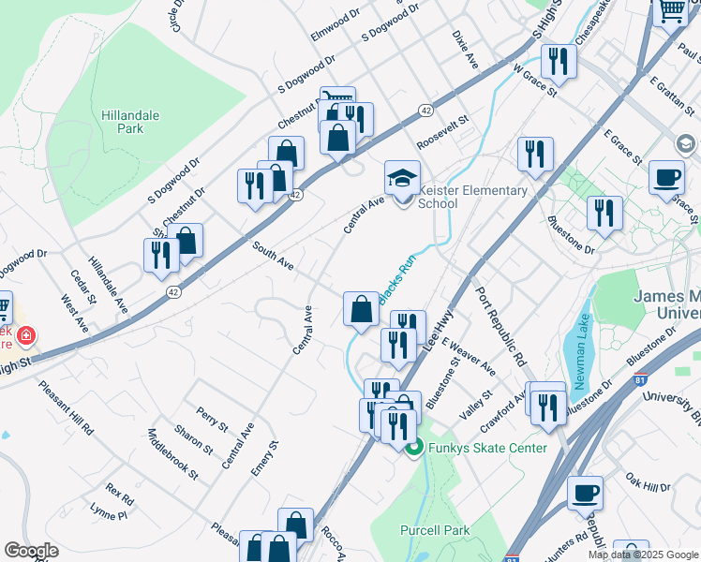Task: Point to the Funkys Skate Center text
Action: coord(487,448)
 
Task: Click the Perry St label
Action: coord(212,419)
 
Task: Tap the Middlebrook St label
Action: coord(172,454)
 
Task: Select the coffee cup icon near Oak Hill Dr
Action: coord(586,492)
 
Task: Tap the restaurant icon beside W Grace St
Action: coord(559,62)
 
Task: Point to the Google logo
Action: coord(32,551)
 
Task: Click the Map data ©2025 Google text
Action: coord(642,555)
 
